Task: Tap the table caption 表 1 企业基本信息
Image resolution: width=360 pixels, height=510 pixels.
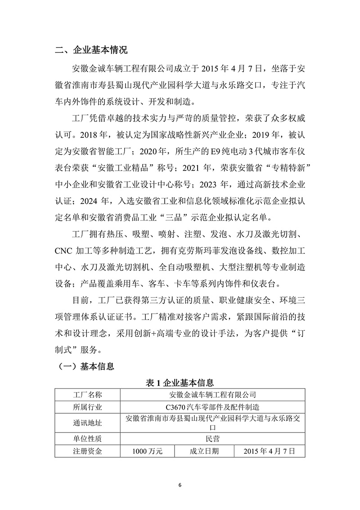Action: (180, 383)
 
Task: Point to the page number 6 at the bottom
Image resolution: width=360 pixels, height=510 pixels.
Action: (180, 484)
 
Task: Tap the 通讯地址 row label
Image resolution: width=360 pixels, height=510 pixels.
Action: (87, 423)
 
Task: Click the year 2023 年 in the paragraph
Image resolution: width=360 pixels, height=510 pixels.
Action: (214, 184)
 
